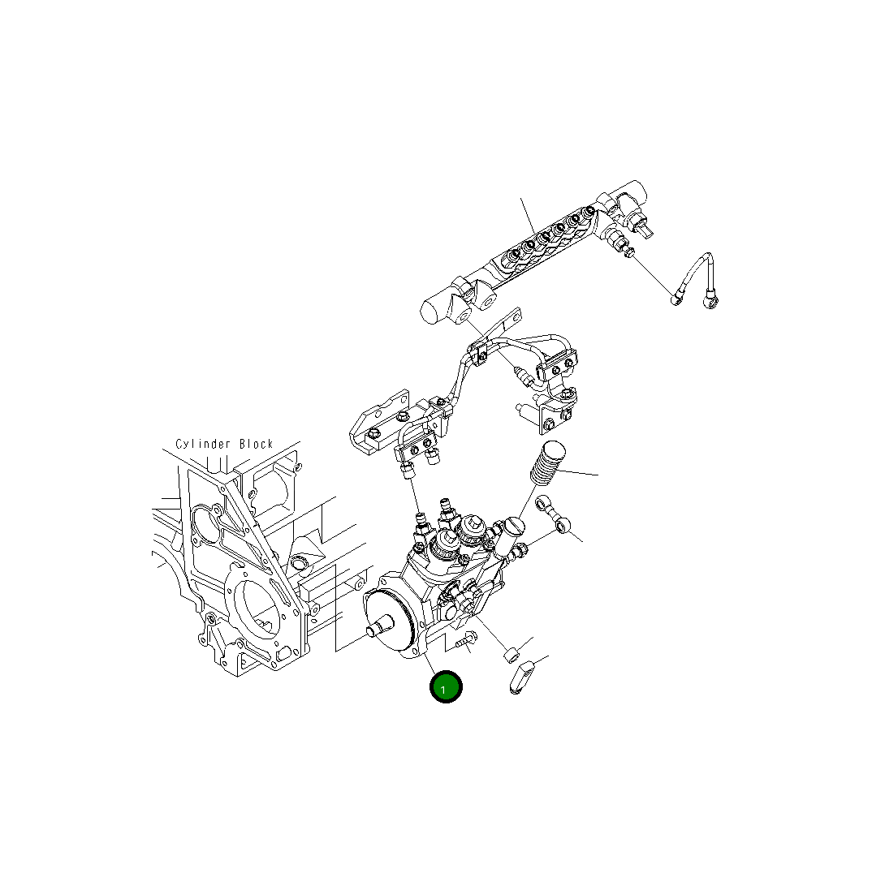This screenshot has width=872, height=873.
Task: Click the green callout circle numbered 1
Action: click(x=446, y=688)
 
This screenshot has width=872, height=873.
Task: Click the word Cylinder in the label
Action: click(x=203, y=445)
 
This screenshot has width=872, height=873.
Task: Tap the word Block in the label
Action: click(x=256, y=445)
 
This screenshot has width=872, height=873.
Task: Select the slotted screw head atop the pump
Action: click(x=515, y=527)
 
